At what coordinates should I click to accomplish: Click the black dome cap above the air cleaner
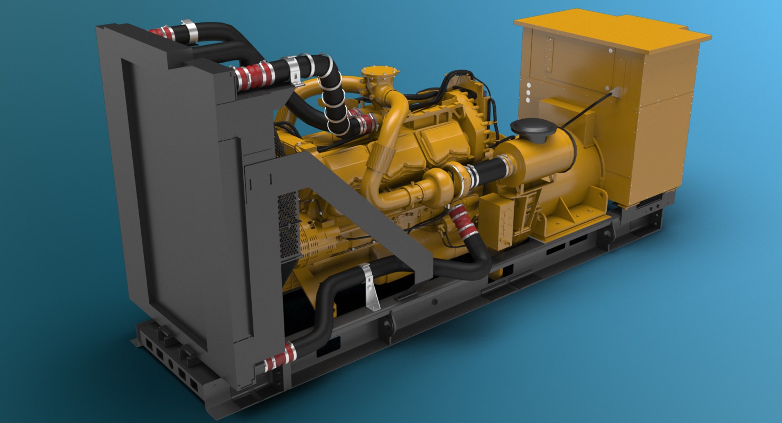point(532,128)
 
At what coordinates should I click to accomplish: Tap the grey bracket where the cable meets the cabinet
point(615,92)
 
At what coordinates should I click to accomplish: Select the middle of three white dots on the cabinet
point(528,93)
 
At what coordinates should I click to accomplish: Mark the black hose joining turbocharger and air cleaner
point(489,169)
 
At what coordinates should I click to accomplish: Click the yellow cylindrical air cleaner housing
point(546,163)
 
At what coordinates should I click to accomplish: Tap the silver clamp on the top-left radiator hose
point(189,31)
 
